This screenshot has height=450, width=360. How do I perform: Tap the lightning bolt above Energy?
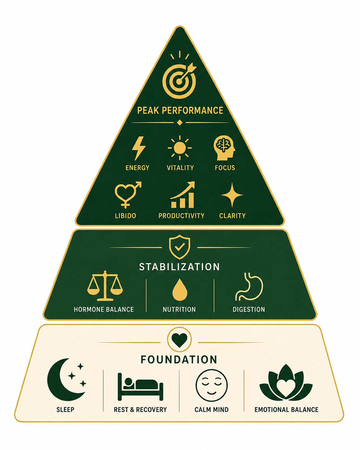tap(139, 148)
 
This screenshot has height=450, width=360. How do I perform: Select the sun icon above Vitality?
tap(180, 148)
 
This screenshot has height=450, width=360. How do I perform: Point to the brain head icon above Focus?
tap(224, 148)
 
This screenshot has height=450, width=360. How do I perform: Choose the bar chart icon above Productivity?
tap(183, 195)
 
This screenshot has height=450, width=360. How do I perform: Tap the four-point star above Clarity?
tap(232, 195)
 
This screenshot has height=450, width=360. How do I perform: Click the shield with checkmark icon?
tap(180, 247)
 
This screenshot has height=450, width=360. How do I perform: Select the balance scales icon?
tap(105, 286)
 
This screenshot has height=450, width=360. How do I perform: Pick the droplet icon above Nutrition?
tap(180, 290)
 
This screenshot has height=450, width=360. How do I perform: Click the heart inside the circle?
tap(179, 340)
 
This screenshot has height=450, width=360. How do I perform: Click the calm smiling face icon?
tap(211, 385)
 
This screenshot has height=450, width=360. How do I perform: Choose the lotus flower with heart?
tap(286, 384)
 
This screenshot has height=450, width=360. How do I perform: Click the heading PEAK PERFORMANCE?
tap(180, 110)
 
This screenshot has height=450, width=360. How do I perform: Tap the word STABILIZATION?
tap(179, 267)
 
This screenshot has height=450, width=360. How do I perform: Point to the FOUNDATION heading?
tap(179, 359)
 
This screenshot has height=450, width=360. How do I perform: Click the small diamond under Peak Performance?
tap(180, 123)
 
